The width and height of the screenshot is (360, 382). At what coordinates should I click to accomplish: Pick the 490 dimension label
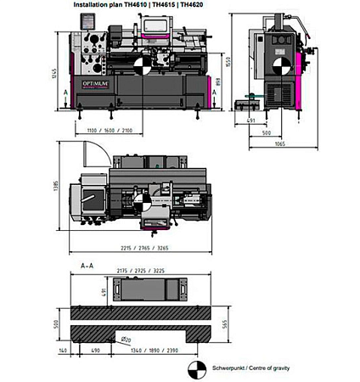pyautogui.click(x=95, y=348)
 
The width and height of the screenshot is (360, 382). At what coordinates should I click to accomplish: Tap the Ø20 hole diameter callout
pyautogui.click(x=126, y=340)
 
